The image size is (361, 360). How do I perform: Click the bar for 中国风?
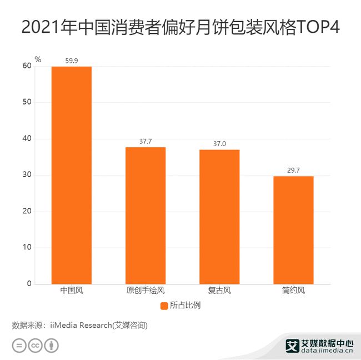(71, 175)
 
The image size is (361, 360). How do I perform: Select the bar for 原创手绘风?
(145, 216)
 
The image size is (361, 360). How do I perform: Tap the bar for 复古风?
(219, 217)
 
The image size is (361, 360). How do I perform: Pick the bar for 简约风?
(293, 230)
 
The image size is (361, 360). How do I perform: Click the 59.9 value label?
(71, 60)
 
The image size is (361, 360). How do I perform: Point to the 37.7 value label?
(145, 141)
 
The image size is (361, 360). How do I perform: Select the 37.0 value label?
(219, 143)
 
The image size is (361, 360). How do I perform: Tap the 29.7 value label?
(293, 170)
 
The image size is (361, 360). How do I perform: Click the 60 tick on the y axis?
(27, 66)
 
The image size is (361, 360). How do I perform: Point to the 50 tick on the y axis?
(27, 103)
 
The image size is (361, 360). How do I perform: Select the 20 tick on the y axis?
(27, 212)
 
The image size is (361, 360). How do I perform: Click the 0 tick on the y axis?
(29, 284)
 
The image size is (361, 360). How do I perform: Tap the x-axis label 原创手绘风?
(145, 291)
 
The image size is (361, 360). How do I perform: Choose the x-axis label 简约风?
(293, 291)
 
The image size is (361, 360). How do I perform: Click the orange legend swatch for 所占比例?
(164, 306)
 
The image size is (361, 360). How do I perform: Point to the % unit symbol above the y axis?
(38, 59)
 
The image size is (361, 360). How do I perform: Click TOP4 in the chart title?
(319, 27)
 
